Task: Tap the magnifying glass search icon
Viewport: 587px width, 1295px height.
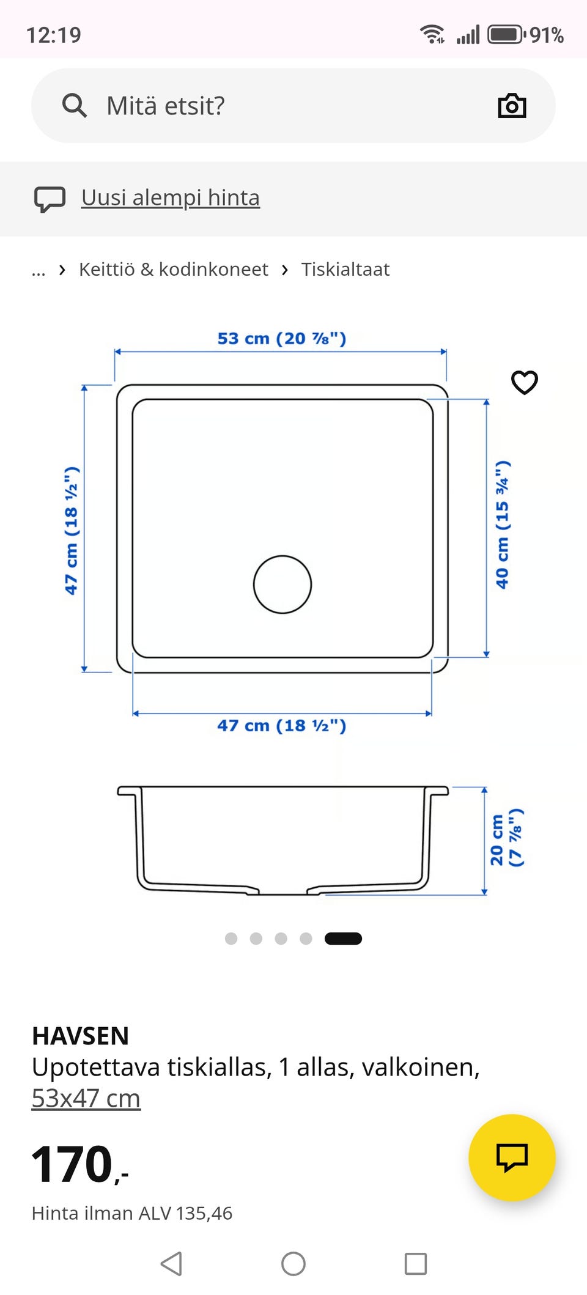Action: point(75,105)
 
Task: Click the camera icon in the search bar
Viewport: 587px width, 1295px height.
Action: point(512,106)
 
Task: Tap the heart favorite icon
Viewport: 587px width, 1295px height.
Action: point(525,383)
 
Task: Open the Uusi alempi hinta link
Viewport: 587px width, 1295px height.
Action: point(171,197)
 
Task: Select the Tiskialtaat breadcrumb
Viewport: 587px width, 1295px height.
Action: point(345,269)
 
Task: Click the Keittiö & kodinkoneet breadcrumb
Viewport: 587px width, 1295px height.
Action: point(174,269)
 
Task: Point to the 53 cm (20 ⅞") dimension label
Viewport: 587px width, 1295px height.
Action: point(282,338)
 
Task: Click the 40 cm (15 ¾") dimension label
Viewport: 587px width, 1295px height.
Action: point(502,525)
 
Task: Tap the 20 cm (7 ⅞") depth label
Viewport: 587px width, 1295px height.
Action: point(506,838)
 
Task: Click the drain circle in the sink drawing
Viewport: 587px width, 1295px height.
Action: point(282,556)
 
